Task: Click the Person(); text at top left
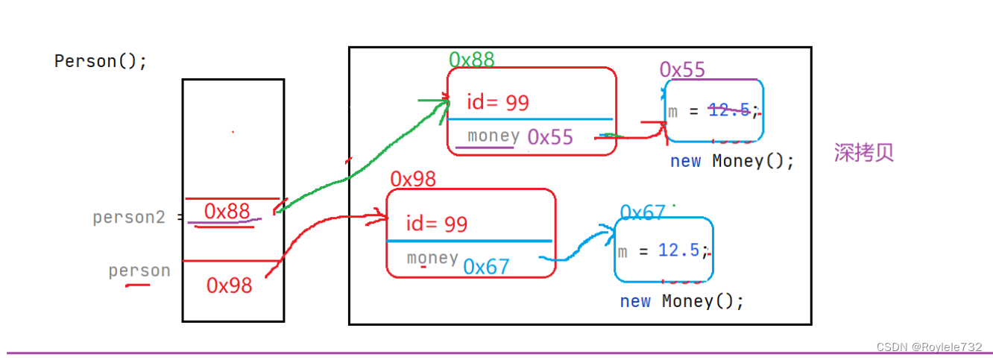tap(101, 61)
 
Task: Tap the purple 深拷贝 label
tap(863, 153)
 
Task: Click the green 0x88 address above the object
tap(471, 60)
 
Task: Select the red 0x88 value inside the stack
tap(227, 212)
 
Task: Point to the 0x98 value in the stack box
tap(230, 285)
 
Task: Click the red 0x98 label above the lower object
tap(413, 179)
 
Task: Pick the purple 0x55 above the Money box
tap(682, 70)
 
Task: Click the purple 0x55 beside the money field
tap(550, 136)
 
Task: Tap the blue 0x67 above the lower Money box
tap(642, 213)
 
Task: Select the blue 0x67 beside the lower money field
tap(486, 266)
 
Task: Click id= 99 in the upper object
tap(497, 102)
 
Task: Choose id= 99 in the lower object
tap(437, 224)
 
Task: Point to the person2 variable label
tap(128, 218)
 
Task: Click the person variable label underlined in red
tap(139, 271)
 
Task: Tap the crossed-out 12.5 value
tap(728, 110)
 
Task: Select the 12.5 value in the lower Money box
tap(678, 250)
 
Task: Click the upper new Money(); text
tap(732, 161)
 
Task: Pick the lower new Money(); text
tap(682, 301)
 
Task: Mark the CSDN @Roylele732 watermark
tap(929, 347)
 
